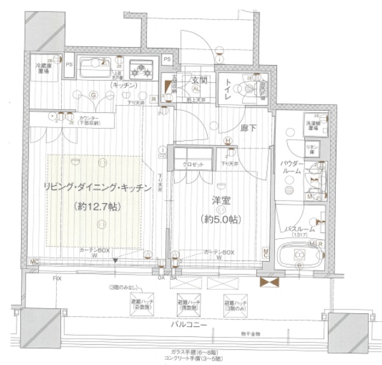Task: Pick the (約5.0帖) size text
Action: pos(221,218)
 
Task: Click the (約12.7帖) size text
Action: pos(97,206)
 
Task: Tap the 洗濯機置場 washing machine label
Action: pos(312,125)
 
